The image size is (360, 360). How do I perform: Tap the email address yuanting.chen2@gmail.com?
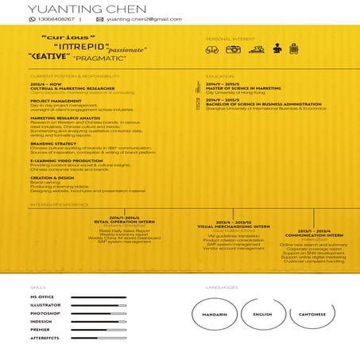point(143,19)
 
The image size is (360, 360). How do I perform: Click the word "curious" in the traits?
point(68,37)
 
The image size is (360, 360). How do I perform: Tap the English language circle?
point(261,314)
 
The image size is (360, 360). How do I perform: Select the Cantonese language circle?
point(313,314)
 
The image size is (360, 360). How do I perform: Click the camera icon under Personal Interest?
point(233,49)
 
